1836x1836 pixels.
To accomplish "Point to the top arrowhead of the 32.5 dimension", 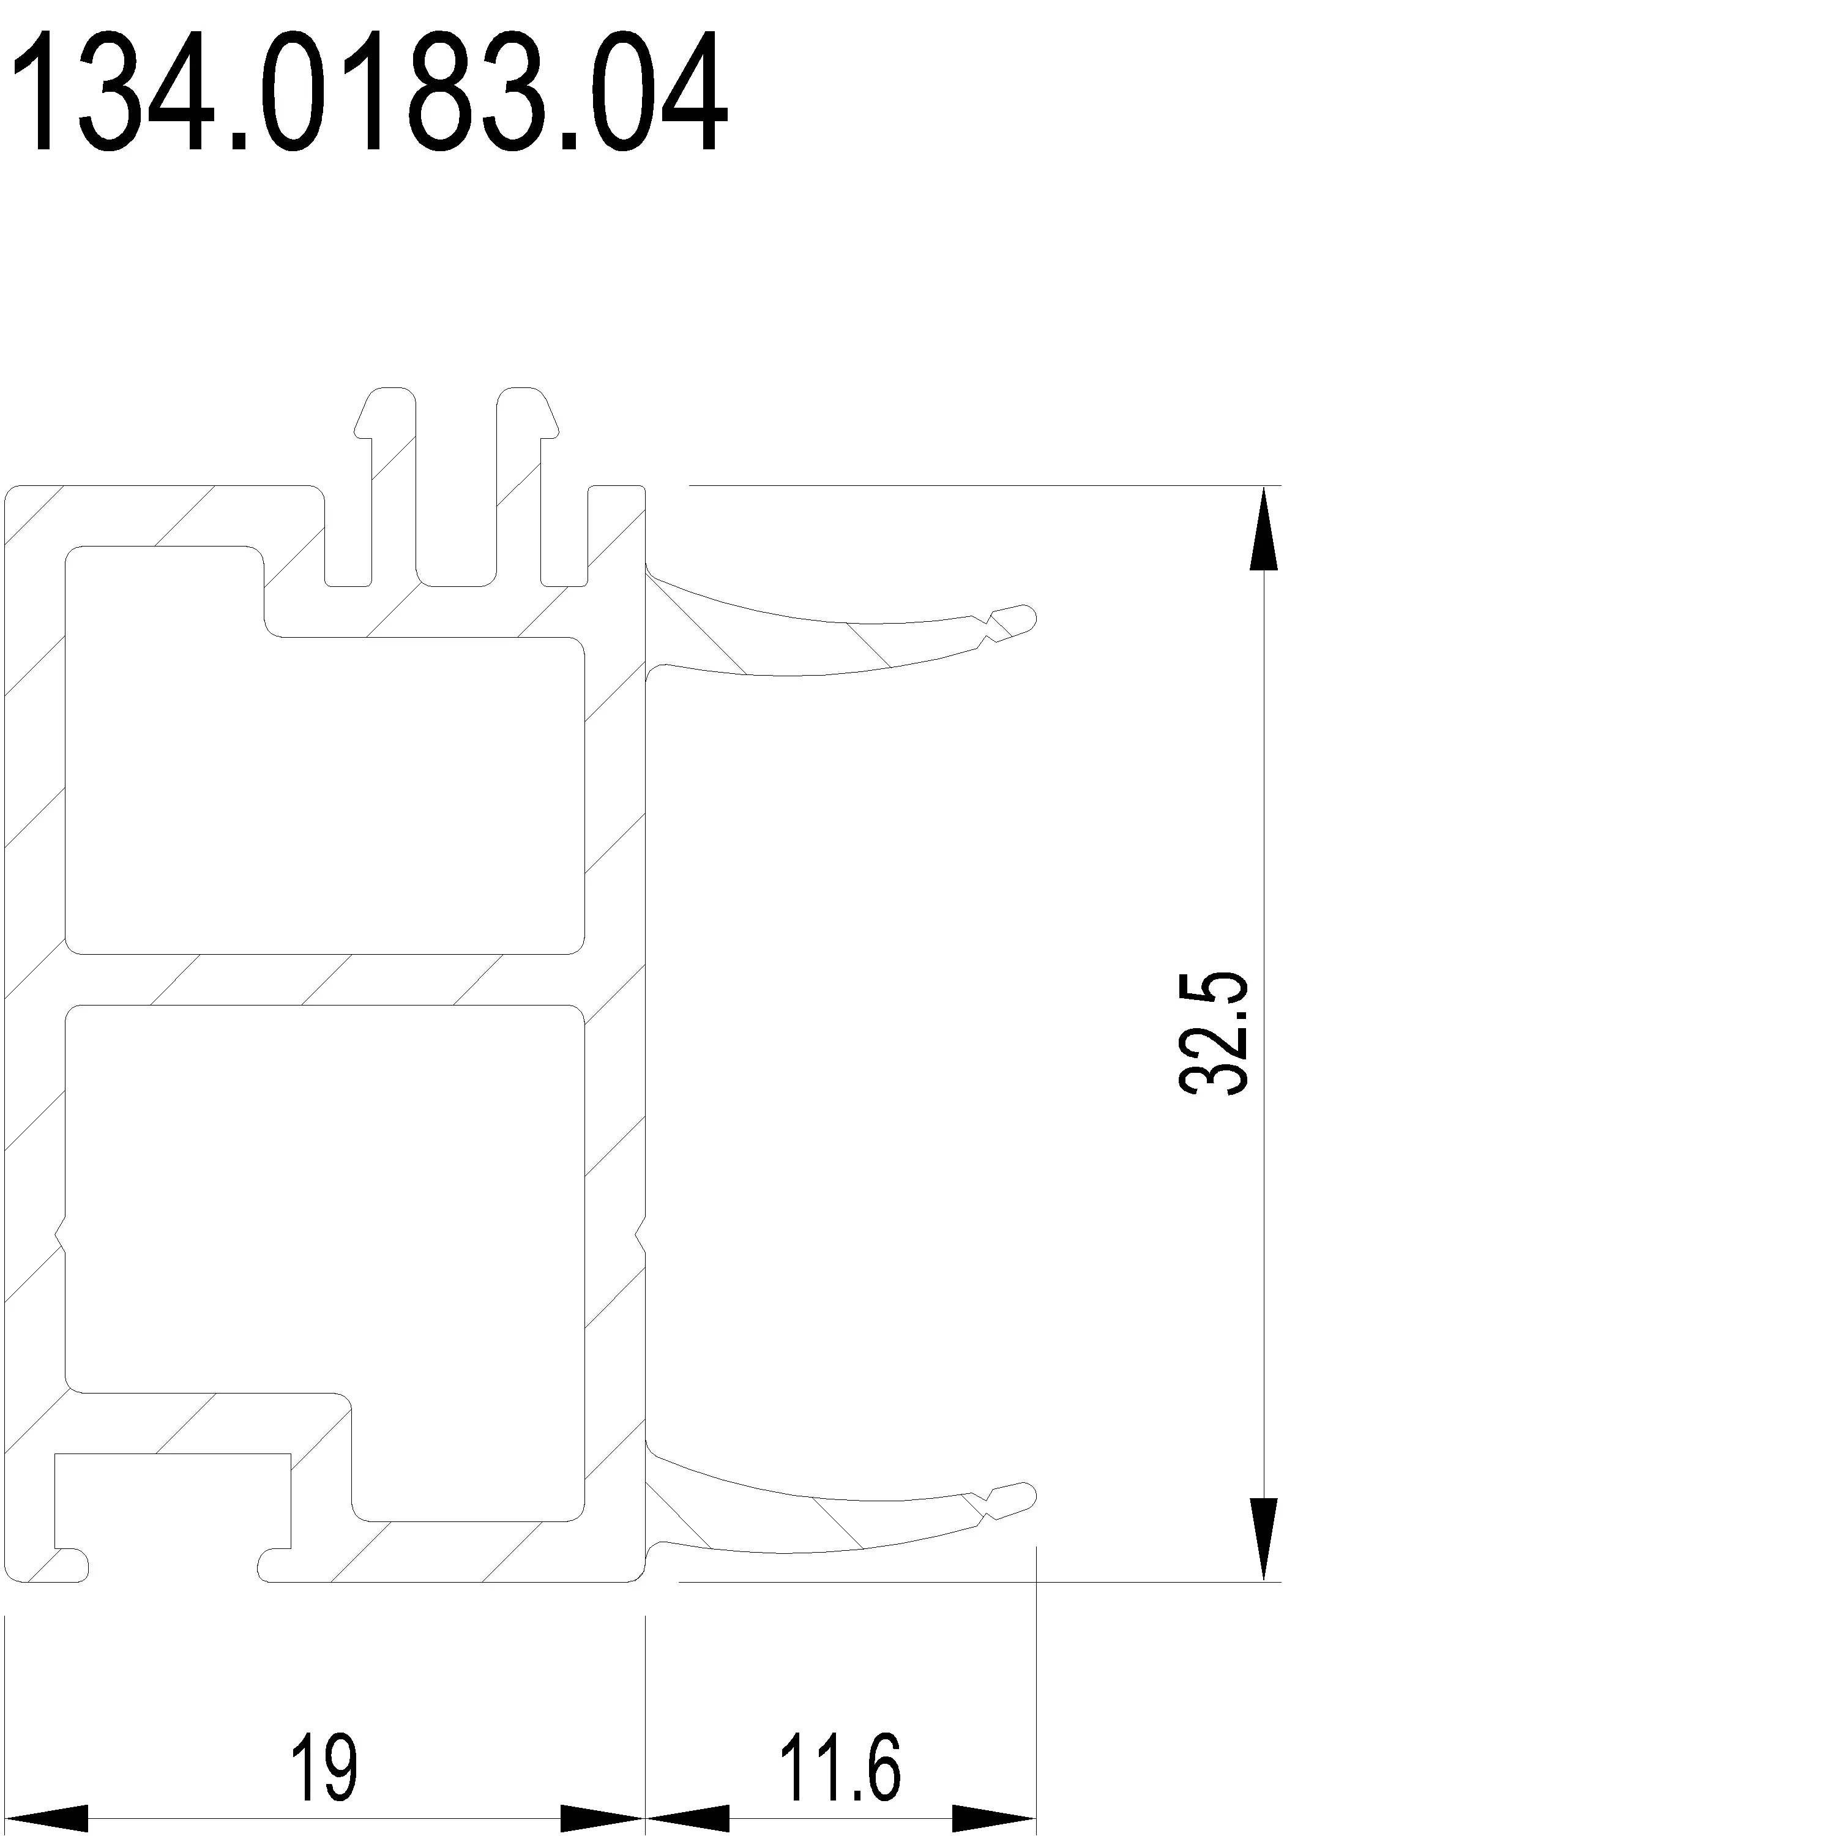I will click(x=1263, y=528).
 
